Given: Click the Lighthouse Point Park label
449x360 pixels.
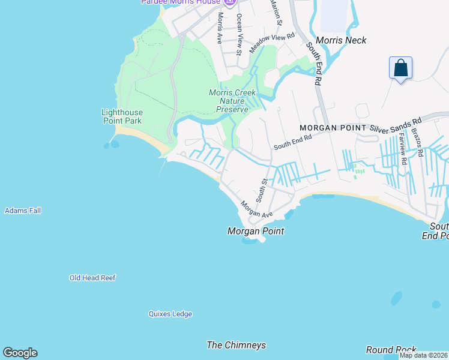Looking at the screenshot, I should [x=122, y=116].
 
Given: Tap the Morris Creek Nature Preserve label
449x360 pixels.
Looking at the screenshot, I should [x=232, y=101].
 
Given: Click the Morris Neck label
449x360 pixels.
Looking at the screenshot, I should [x=340, y=40].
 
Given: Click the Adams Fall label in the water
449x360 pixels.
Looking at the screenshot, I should [x=23, y=211].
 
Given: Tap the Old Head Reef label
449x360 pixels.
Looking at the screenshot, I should [x=92, y=278].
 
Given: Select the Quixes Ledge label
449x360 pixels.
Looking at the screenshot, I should [x=170, y=314].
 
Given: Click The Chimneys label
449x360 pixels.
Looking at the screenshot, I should [x=236, y=345].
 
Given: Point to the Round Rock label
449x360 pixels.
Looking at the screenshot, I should [x=391, y=350].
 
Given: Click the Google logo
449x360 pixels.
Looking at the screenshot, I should [x=20, y=353].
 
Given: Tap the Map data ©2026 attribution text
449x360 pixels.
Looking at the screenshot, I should [x=423, y=355].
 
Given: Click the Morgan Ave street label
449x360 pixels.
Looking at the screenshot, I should [x=257, y=209].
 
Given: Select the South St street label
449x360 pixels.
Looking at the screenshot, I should [x=262, y=190].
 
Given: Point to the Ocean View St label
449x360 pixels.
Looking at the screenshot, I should [x=239, y=35].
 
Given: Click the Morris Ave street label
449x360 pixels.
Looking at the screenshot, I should [x=220, y=28].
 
